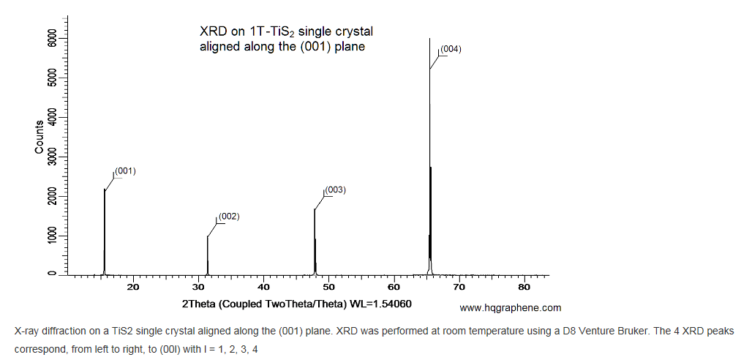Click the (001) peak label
(x=126, y=170)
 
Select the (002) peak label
(x=229, y=216)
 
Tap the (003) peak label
(x=335, y=190)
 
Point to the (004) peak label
(x=450, y=49)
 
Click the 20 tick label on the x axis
(x=133, y=286)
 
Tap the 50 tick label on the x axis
(x=328, y=286)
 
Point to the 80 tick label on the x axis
(x=524, y=286)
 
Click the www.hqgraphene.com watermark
(x=510, y=308)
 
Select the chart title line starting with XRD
(x=287, y=32)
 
